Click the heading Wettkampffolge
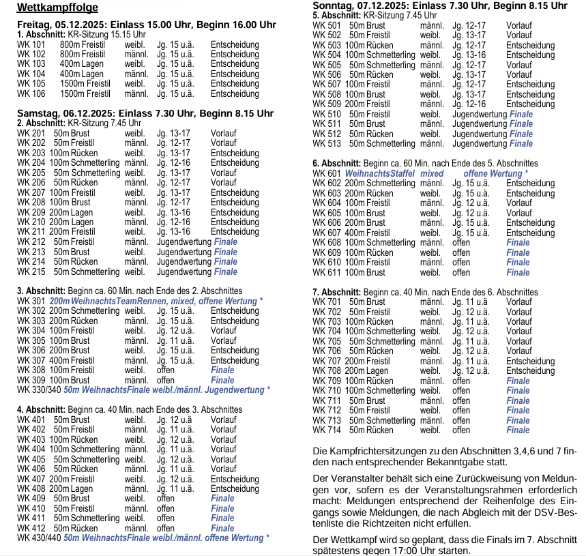pos(57,8)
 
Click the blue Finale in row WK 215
pos(226,272)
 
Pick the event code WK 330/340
pos(38,390)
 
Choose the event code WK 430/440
pos(38,538)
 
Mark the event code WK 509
pos(327,104)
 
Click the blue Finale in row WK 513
pos(521,143)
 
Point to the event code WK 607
pos(327,233)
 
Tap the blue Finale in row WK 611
pos(518,272)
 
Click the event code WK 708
pos(327,370)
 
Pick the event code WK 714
pos(327,430)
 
